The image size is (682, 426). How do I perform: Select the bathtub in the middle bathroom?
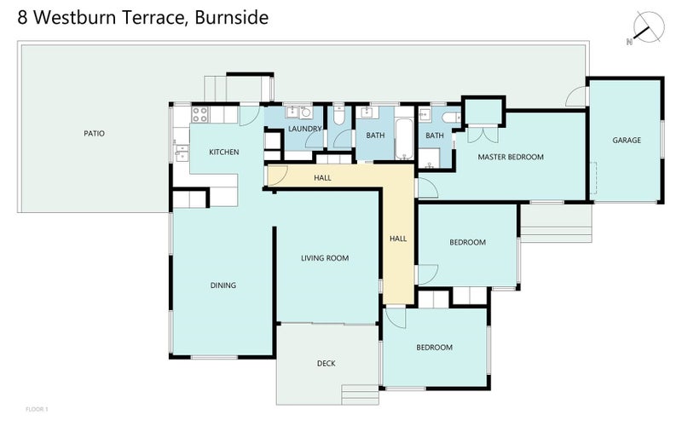coord(402,140)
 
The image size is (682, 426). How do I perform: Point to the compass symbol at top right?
coord(646,28)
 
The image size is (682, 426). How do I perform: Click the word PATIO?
coord(94,134)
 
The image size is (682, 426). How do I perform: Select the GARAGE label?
coord(627,141)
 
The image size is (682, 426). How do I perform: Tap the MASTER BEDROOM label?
coord(510,157)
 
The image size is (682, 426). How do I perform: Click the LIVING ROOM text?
coord(325,258)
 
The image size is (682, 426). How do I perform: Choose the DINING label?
coord(223,285)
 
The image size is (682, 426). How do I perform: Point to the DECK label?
coord(326,364)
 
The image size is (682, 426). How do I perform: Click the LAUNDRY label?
coord(304,130)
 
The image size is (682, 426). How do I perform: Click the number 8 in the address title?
coord(21,18)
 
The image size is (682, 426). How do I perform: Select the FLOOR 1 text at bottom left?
coord(38,410)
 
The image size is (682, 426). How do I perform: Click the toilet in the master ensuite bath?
coord(450,118)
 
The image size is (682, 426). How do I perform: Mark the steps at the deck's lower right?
coord(359,394)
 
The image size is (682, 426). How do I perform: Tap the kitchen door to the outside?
coord(249,116)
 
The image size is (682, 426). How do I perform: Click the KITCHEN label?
coord(224,153)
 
